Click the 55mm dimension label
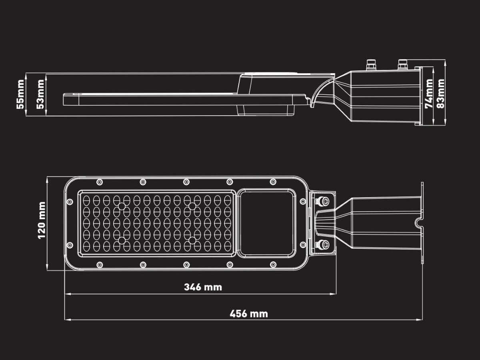(20, 94)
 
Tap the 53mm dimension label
(40, 94)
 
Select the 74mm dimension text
(429, 93)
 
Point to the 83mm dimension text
(440, 93)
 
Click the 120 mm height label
(42, 220)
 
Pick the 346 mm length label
(203, 287)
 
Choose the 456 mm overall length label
(249, 314)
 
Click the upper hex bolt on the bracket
(323, 201)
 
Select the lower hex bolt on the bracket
(323, 244)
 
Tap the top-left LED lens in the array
(86, 200)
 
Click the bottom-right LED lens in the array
(228, 246)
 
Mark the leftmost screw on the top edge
(100, 182)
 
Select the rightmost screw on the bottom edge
(273, 265)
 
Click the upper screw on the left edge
(70, 202)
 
